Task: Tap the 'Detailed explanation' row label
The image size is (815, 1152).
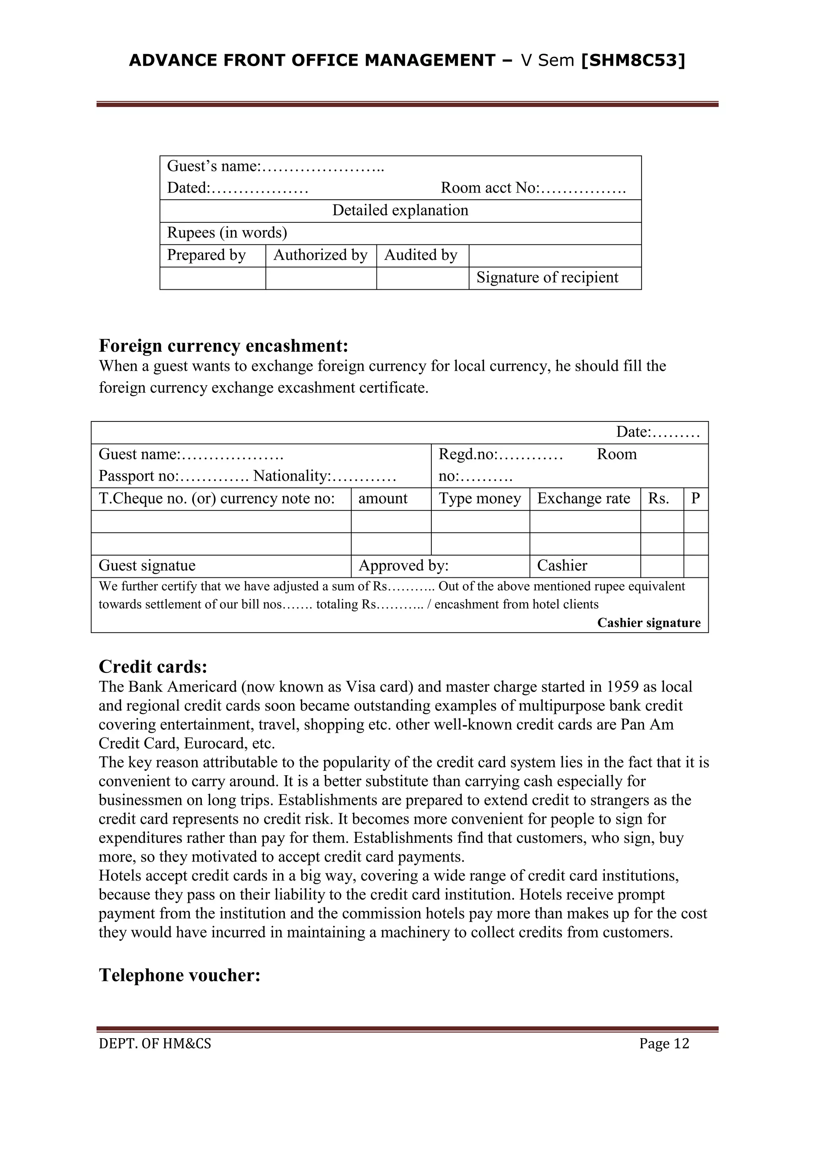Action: click(x=400, y=210)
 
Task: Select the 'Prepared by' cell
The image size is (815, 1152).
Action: click(x=206, y=255)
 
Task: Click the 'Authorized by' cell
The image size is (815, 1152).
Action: click(x=320, y=255)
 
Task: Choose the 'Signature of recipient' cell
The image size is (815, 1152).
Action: click(x=547, y=277)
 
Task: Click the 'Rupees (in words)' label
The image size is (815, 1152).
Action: click(x=227, y=233)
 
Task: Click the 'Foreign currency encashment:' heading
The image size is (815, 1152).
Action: click(x=223, y=346)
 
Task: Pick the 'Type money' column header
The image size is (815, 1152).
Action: click(x=480, y=498)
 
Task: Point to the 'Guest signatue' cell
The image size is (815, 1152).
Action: click(x=147, y=565)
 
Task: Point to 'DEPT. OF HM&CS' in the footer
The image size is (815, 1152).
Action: click(x=155, y=1044)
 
